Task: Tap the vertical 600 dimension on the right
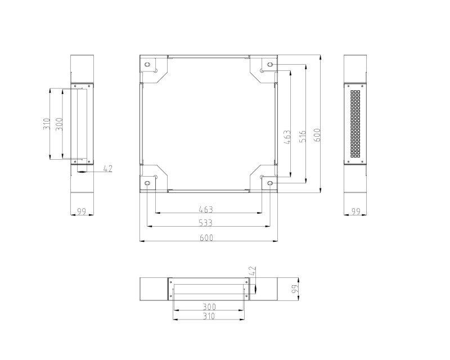[317, 135]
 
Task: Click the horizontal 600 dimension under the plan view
[206, 238]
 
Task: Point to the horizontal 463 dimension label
[206, 210]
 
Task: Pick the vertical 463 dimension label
[287, 137]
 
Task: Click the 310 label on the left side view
[47, 124]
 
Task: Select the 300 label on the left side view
[59, 124]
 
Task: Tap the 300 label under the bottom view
[209, 307]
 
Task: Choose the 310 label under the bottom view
[209, 316]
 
